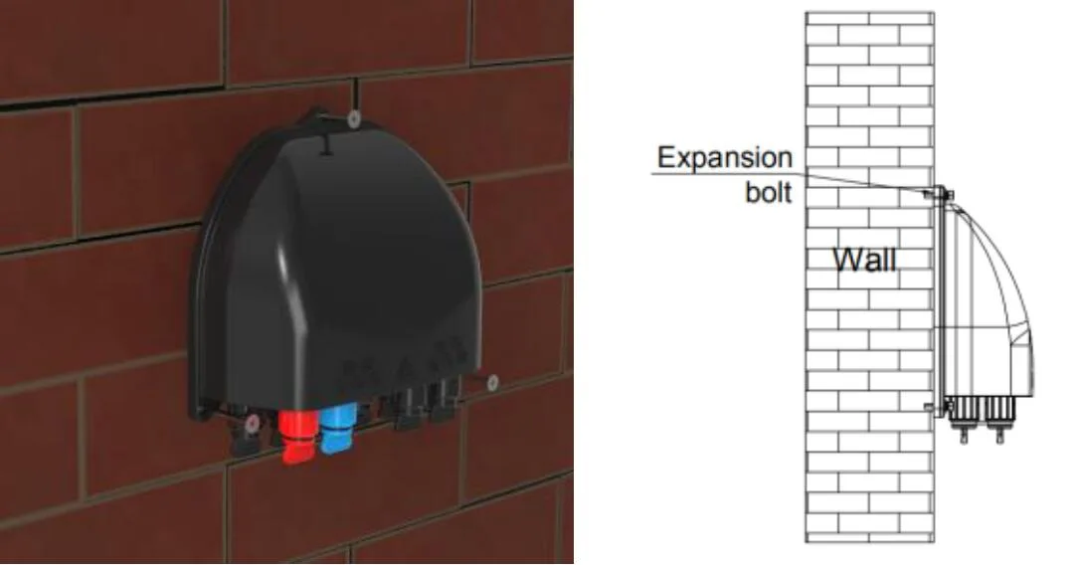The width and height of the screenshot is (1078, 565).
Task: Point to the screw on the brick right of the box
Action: [492, 380]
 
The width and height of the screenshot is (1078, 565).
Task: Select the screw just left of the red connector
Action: [256, 424]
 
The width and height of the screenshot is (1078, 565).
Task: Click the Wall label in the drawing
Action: [864, 262]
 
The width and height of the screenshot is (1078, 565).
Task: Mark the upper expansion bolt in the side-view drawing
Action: [941, 193]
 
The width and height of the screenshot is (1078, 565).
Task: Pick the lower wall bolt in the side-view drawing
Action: [931, 406]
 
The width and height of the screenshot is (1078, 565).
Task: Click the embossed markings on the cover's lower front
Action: [393, 374]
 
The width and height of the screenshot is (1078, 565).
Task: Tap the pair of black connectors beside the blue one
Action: [422, 408]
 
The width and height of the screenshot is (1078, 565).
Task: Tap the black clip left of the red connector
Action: [242, 438]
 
